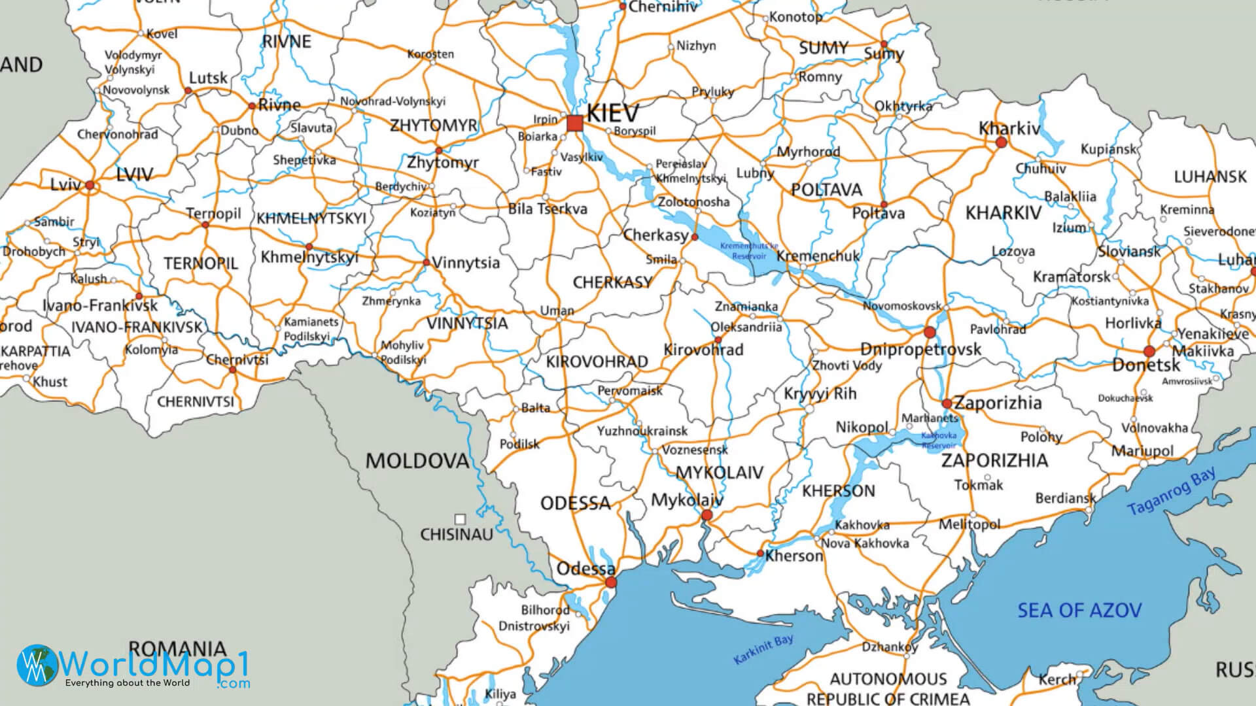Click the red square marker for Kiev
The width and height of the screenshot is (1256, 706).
point(575,123)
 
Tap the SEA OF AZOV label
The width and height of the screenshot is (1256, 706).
point(1079,611)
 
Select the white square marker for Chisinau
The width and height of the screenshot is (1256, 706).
point(460,520)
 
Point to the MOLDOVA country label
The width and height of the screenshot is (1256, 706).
point(417,461)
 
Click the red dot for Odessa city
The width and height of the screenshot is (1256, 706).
point(611,582)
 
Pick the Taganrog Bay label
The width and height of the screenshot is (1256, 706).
point(1172,491)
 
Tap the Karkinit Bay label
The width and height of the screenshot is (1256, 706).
point(763,649)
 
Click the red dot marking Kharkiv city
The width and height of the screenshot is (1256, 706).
point(1001,142)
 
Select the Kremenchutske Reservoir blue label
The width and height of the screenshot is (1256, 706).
point(749,251)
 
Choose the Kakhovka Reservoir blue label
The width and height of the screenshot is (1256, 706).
point(939,440)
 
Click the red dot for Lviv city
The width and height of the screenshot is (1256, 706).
point(90,186)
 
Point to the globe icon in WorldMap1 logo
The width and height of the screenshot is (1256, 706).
point(37,665)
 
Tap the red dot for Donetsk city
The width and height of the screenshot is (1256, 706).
point(1149,352)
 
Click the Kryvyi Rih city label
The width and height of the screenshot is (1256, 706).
point(820,394)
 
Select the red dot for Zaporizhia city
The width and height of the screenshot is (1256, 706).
point(947,403)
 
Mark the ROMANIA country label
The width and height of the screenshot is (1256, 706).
point(177,648)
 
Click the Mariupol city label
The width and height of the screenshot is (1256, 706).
point(1142,451)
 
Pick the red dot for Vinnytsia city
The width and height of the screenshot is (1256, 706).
point(426,263)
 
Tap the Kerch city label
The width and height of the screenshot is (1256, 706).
point(1056,680)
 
